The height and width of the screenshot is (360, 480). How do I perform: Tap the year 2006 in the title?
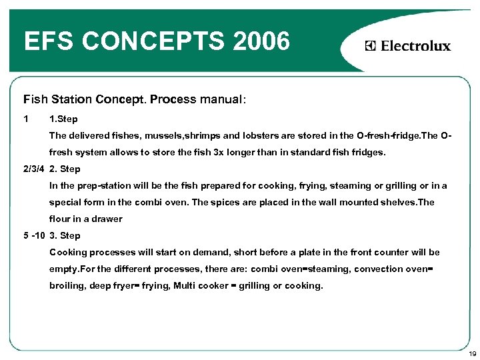(263, 42)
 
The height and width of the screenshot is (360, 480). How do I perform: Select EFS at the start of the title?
(47, 42)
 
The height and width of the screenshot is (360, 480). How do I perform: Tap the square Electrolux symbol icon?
(371, 46)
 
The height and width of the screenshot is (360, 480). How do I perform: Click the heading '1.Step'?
(63, 119)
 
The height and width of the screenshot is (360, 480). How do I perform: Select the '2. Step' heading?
(65, 169)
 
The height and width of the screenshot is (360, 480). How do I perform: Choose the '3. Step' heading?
(65, 235)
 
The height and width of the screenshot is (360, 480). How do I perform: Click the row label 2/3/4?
(33, 169)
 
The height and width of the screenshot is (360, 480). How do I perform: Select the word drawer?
(108, 219)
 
